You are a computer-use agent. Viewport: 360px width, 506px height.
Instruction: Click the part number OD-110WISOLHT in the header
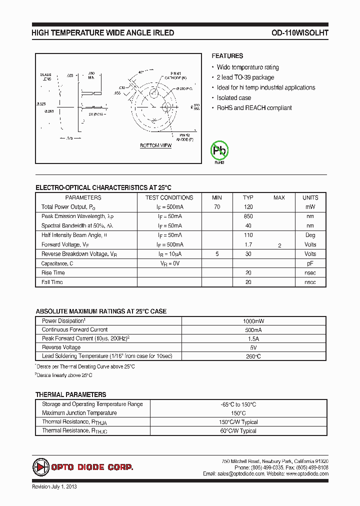click(299, 33)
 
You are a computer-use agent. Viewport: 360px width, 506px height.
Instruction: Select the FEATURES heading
click(227, 56)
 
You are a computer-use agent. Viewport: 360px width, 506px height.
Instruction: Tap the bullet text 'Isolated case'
click(233, 98)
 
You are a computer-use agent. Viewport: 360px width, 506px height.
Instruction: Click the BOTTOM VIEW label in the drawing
click(155, 145)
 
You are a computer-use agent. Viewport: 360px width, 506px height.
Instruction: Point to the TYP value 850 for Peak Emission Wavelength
click(248, 216)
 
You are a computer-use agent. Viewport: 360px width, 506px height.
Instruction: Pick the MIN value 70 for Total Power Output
click(217, 207)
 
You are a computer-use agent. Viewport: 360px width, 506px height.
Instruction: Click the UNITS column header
click(310, 197)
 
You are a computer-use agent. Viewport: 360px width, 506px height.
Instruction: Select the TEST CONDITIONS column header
click(169, 197)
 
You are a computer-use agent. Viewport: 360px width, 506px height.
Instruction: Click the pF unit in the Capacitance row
click(310, 263)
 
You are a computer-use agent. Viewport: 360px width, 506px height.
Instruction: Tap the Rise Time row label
click(53, 273)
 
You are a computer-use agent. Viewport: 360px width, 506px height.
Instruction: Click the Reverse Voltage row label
click(61, 347)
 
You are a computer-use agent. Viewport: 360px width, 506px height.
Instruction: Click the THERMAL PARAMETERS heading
click(70, 394)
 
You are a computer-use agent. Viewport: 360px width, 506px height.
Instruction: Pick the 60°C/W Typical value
click(238, 431)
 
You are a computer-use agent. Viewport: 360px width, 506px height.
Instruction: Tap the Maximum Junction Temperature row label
click(79, 413)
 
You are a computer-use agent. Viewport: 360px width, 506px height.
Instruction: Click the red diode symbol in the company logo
click(40, 467)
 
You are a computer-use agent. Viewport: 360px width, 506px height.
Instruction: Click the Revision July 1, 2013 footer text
click(54, 486)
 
